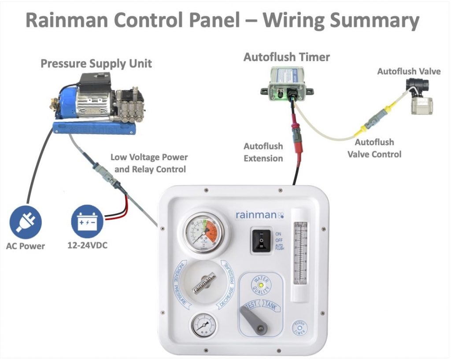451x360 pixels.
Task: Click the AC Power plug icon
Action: point(25,223)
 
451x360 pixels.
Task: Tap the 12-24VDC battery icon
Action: point(87,223)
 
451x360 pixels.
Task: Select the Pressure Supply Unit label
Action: point(96,63)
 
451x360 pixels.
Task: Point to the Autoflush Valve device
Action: point(419,97)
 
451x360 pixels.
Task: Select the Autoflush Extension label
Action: point(263,152)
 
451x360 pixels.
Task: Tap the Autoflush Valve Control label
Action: point(374,148)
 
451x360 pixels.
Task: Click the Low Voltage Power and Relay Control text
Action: point(148,163)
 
